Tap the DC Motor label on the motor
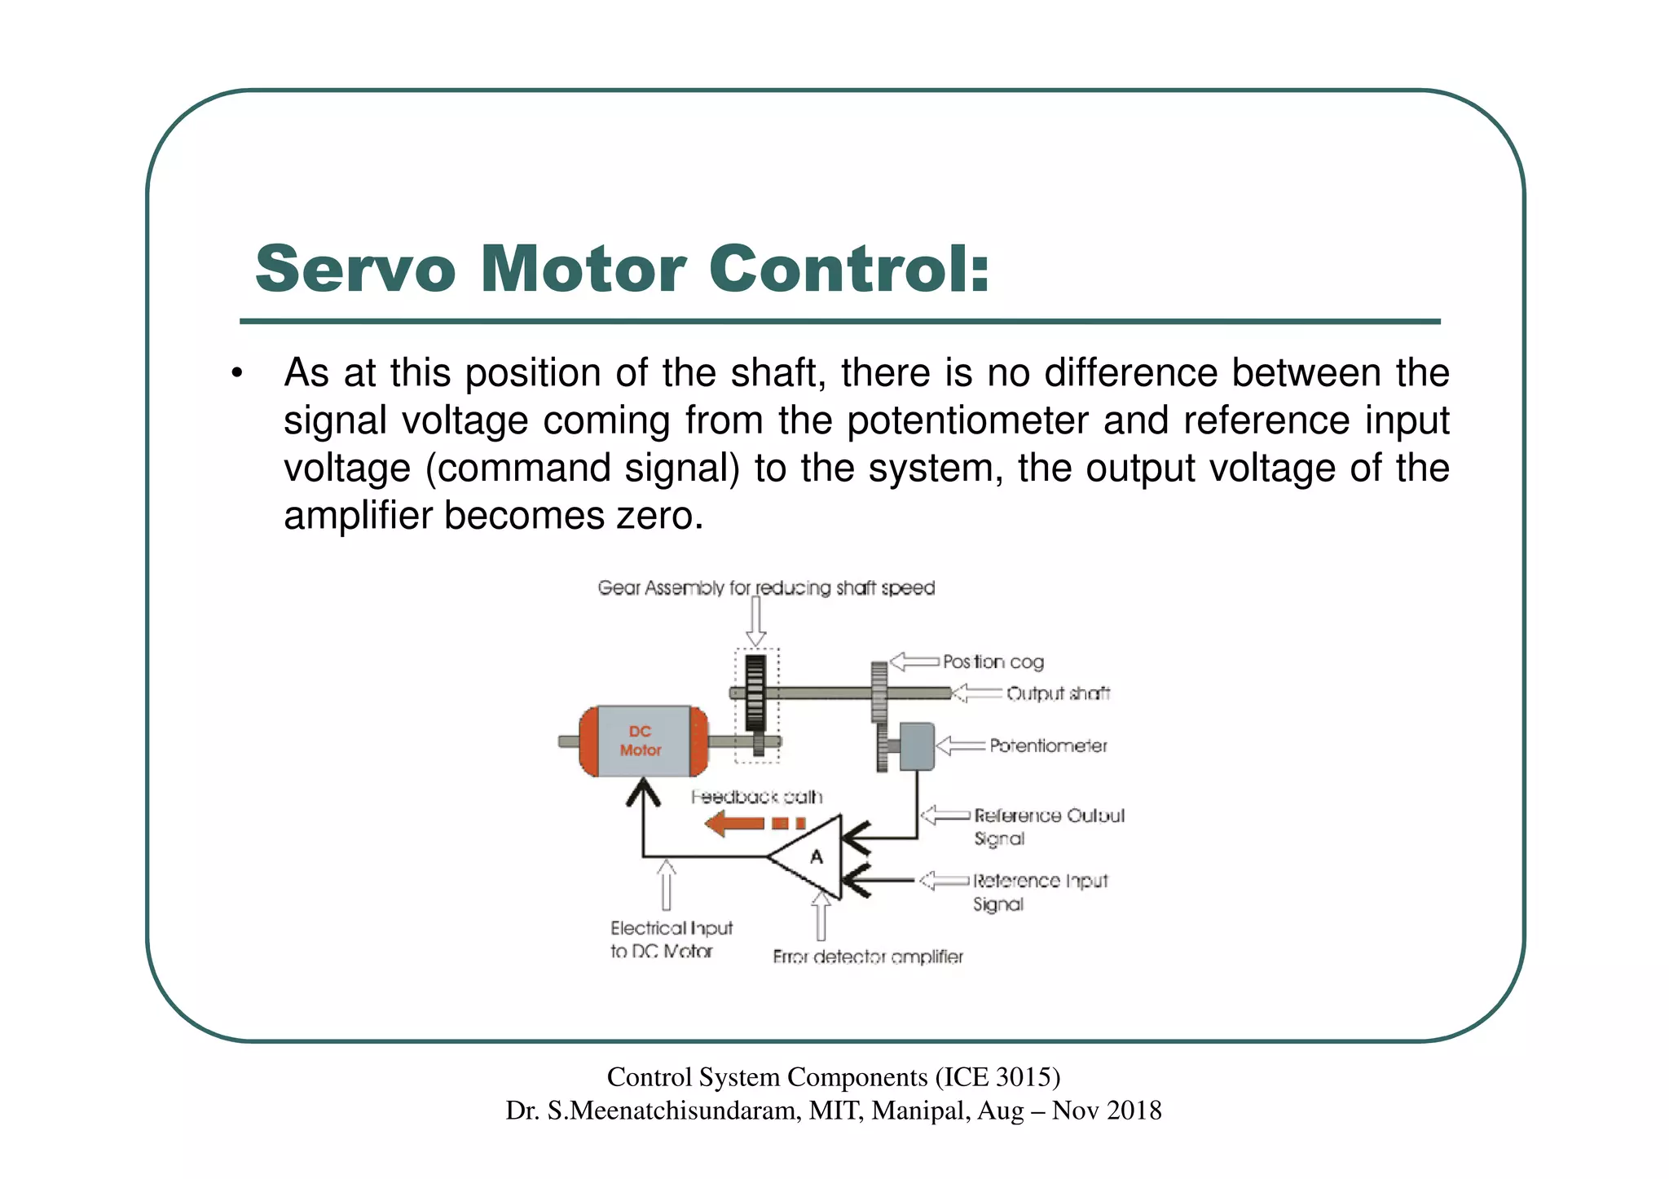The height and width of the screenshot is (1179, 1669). click(641, 741)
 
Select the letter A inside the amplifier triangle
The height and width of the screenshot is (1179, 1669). click(816, 856)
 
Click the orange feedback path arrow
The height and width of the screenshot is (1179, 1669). click(754, 823)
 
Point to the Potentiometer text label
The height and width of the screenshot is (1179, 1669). click(1048, 746)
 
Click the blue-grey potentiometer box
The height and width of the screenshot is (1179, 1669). click(917, 746)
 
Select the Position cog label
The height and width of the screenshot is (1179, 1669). click(993, 662)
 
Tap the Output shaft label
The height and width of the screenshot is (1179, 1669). click(1058, 693)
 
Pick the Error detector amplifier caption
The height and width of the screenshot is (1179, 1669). click(867, 957)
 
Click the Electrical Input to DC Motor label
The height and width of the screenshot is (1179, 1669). click(671, 939)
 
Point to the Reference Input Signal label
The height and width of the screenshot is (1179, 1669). click(1040, 892)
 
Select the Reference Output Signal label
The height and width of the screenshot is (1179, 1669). click(1048, 826)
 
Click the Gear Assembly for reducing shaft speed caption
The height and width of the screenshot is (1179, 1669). click(766, 588)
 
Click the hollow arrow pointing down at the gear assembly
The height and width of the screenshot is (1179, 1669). click(756, 623)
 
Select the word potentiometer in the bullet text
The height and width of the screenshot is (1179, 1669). click(967, 420)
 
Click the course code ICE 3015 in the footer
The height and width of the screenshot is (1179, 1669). click(997, 1077)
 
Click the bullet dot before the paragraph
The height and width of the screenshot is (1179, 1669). click(236, 374)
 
